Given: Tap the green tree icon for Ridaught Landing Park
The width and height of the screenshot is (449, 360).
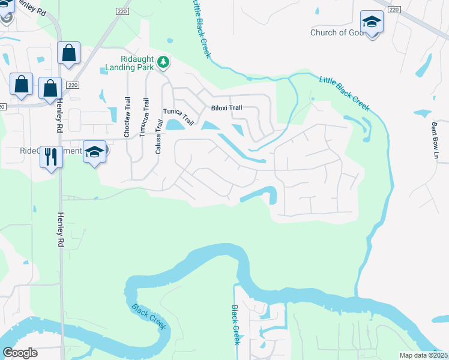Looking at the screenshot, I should [163, 62].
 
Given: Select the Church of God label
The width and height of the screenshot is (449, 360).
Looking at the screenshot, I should [337, 32].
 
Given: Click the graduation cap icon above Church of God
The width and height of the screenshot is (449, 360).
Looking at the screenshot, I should [372, 23].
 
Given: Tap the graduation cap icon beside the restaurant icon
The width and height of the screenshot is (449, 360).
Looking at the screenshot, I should [94, 152].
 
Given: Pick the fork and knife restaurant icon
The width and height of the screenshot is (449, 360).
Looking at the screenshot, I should [51, 157].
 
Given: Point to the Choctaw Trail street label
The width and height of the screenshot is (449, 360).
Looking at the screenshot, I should [127, 117].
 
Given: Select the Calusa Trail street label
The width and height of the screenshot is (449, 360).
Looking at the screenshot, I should [158, 136].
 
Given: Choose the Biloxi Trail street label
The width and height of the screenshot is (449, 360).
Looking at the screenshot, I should [226, 108].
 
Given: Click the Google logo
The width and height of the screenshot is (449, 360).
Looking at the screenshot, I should [20, 353].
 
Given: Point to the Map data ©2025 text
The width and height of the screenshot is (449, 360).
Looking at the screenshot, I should [423, 355].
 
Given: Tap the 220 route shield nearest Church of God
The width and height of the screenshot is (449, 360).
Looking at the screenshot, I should [393, 9].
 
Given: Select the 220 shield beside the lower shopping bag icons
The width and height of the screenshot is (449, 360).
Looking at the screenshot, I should [73, 85].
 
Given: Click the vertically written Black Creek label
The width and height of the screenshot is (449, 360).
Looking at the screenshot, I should [235, 324].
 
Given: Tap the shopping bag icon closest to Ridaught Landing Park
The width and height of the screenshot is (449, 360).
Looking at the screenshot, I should [69, 53].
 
